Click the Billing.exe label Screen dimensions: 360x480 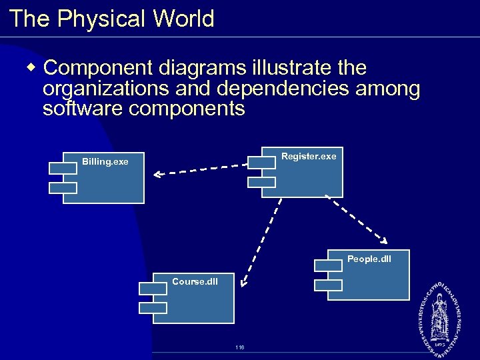click(x=105, y=161)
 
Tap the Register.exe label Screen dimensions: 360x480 click(x=309, y=156)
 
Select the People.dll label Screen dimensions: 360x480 click(x=369, y=259)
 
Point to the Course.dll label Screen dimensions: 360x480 click(x=195, y=281)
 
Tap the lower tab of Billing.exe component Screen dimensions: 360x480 click(x=63, y=188)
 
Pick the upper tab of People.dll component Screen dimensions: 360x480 click(x=328, y=265)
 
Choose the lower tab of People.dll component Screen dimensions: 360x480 click(x=328, y=285)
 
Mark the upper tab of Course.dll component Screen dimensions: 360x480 click(x=153, y=288)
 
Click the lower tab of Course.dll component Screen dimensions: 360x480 click(x=153, y=307)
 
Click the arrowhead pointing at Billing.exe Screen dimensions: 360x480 click(x=157, y=175)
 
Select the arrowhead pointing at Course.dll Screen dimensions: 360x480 click(x=245, y=283)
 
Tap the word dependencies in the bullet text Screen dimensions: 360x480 click(x=285, y=89)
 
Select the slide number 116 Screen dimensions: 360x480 click(x=239, y=347)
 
